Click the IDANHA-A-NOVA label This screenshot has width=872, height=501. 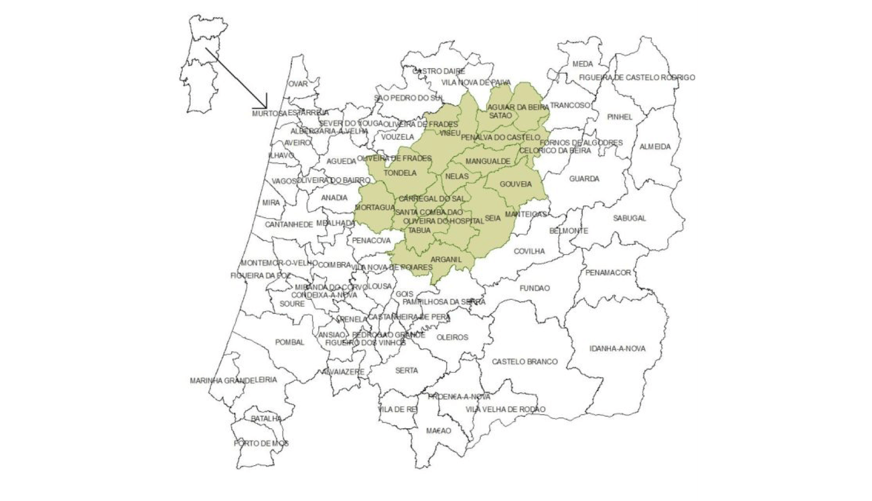click(617, 349)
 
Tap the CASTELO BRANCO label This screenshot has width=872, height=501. click(525, 362)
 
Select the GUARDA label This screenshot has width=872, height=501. click(584, 179)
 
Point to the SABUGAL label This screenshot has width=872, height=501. click(629, 218)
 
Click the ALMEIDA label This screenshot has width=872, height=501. click(655, 147)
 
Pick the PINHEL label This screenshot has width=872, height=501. click(620, 117)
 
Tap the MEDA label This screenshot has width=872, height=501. click(582, 64)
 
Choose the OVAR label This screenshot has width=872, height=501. click(298, 84)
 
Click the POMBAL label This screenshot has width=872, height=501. click(290, 342)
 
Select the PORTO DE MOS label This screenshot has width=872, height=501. click(261, 444)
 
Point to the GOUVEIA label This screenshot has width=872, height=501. click(516, 184)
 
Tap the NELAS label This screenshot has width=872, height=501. click(457, 177)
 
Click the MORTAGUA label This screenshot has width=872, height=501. click(374, 208)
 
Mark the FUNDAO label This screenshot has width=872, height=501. click(534, 288)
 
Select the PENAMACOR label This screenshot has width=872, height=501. click(608, 273)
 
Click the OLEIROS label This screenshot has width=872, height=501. click(452, 338)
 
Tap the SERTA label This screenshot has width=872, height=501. click(406, 371)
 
